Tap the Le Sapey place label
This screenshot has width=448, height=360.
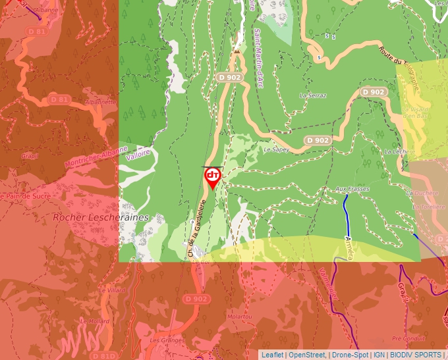(x=276, y=150)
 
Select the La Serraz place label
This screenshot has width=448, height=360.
(x=312, y=95)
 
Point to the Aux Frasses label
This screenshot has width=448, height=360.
(x=352, y=190)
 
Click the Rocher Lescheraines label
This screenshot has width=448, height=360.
(x=101, y=217)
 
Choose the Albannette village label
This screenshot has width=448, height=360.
(x=101, y=102)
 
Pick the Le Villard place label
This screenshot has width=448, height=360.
(x=111, y=290)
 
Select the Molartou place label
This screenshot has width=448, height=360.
(x=239, y=317)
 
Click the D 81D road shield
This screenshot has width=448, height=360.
(x=103, y=356)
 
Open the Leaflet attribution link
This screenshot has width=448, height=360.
(x=272, y=355)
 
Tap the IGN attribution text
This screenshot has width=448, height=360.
(x=379, y=355)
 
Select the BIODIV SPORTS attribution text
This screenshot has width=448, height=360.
(x=415, y=355)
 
